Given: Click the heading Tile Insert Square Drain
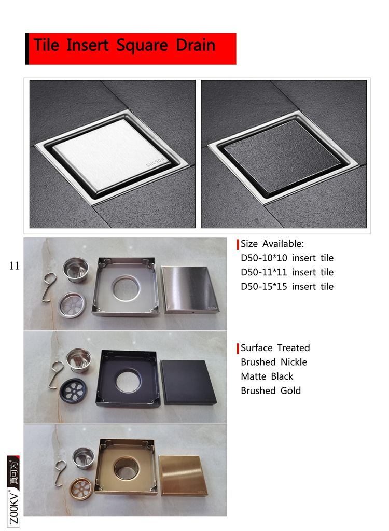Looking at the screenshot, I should [x=124, y=45].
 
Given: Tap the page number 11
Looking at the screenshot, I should [x=14, y=266].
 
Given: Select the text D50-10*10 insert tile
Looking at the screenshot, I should [x=287, y=258].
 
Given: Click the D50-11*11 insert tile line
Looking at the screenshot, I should [x=287, y=272].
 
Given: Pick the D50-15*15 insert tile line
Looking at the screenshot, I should [x=287, y=286].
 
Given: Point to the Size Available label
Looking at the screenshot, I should [x=272, y=244].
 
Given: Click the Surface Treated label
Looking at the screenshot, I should [x=275, y=348].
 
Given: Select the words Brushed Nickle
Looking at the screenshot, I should [x=274, y=362].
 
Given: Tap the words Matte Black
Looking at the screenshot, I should [x=267, y=376].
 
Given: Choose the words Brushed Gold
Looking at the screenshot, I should [x=271, y=390].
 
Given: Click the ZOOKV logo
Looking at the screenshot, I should [x=14, y=490].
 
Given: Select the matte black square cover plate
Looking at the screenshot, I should [x=188, y=382].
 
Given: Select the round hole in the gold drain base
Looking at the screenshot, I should [x=127, y=468].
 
